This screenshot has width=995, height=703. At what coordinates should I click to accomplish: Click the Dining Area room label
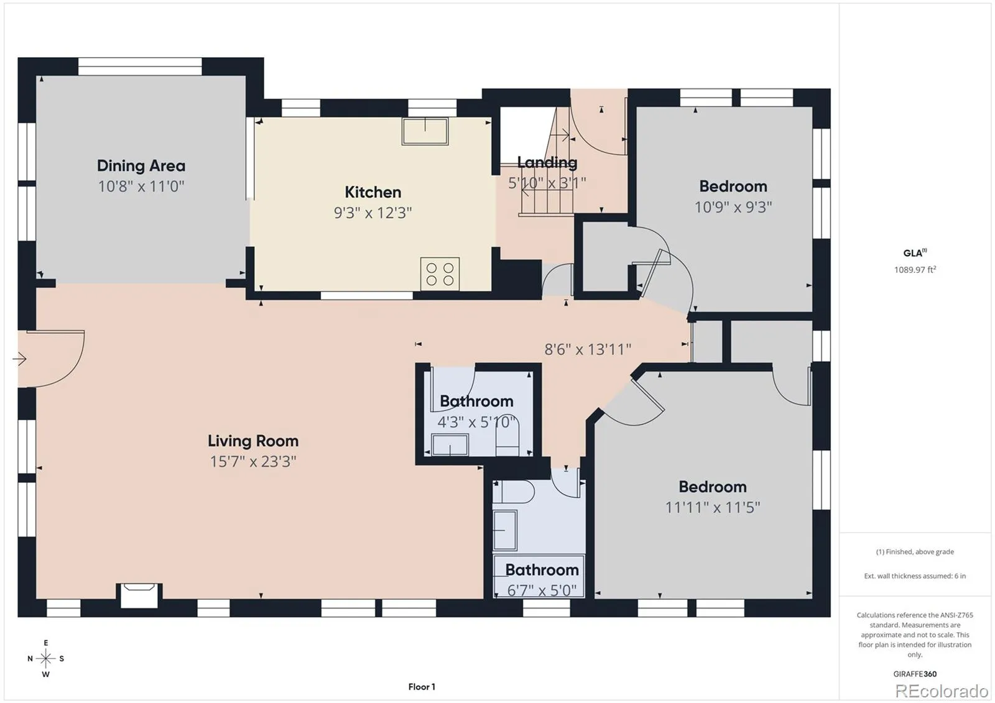pos(141,165)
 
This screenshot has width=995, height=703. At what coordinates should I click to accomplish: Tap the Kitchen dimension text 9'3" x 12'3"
pos(373,213)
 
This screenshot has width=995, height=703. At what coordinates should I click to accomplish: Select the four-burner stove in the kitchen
pos(440,273)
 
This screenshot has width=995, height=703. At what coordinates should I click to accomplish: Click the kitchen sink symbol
pos(425,131)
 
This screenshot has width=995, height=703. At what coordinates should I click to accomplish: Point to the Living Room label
pos(253,441)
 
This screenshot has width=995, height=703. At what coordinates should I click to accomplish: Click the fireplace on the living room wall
pos(139,595)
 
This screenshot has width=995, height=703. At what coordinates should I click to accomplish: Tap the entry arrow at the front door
pos(19,359)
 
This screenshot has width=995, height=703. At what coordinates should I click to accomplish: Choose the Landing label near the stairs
pos(547,162)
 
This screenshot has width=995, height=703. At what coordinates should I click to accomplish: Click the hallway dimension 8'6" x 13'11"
pos(588,349)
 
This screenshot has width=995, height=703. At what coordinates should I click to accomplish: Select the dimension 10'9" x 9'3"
pos(733,207)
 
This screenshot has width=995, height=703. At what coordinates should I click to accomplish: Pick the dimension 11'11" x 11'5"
pos(713,507)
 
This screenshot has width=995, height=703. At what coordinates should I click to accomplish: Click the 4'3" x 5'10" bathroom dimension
pos(476,421)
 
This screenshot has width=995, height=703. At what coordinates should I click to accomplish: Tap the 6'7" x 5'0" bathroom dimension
pos(542,590)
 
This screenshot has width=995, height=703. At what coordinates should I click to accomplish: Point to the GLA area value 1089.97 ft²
pos(915,270)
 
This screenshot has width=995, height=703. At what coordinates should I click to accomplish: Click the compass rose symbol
pos(46,658)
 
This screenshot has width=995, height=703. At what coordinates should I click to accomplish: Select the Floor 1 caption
pos(422,687)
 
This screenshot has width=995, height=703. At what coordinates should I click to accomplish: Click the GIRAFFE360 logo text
pos(915,674)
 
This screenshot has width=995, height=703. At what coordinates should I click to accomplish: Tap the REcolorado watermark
pos(942,691)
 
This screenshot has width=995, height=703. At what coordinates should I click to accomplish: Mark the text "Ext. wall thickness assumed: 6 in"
pos(915,576)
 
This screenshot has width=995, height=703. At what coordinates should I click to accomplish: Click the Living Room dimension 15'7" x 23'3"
pos(253,461)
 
